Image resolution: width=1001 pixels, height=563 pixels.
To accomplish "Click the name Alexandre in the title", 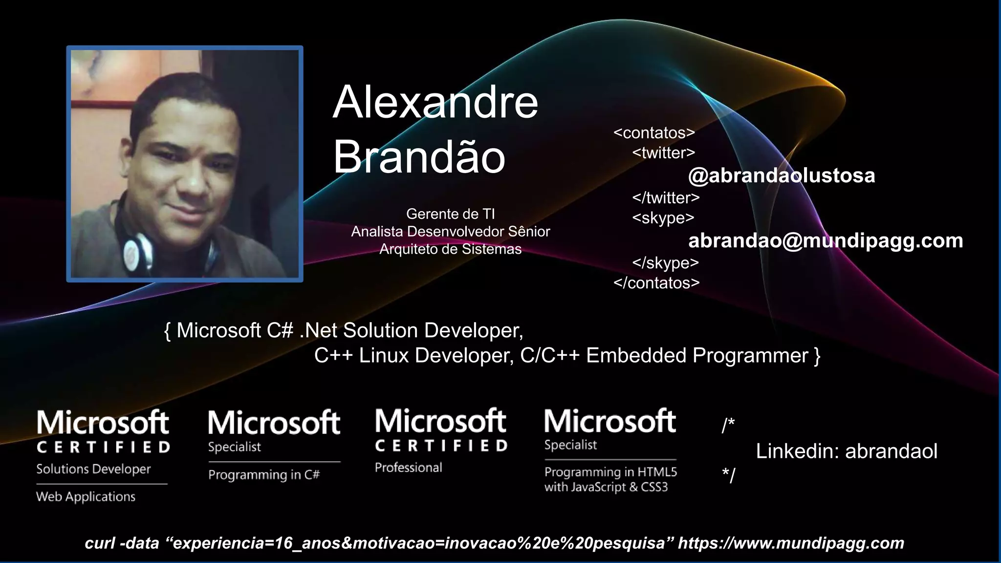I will tap(435, 103).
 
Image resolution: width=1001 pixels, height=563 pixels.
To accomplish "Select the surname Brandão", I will tap(419, 157).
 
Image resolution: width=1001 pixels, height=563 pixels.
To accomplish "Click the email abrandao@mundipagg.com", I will tap(825, 241).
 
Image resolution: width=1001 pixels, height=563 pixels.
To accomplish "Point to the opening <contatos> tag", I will tap(654, 133).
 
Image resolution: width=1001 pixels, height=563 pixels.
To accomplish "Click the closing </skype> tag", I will tap(665, 263).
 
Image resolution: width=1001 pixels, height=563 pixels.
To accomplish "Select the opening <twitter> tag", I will tap(663, 153).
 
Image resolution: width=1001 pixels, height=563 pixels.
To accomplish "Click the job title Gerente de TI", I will tap(450, 214).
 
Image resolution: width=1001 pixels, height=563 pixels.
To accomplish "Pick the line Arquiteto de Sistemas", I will tap(450, 249).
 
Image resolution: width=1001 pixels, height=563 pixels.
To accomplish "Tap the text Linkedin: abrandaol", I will tap(847, 451).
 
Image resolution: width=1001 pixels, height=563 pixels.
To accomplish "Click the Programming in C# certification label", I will tap(264, 475).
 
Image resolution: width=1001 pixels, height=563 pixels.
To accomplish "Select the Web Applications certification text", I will tap(86, 497).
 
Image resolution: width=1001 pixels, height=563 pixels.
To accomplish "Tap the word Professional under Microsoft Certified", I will tap(408, 468).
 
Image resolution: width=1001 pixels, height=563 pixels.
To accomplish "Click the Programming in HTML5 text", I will tap(610, 472).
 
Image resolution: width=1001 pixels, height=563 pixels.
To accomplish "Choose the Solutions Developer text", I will tap(93, 469).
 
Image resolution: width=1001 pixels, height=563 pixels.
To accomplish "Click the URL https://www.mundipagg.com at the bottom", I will tap(791, 543).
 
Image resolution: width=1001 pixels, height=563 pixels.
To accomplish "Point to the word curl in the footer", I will tap(100, 543).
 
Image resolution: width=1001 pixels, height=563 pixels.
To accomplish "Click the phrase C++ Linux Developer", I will tap(413, 356).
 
